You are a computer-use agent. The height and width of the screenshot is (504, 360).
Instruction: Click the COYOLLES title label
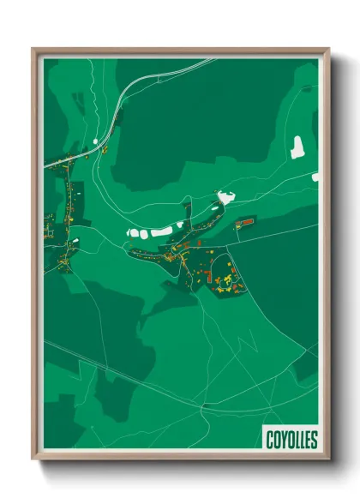click(x=291, y=440)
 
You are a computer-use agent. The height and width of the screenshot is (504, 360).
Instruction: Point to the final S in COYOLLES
click(x=314, y=440)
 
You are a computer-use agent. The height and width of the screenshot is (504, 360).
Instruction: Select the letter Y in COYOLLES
click(x=283, y=440)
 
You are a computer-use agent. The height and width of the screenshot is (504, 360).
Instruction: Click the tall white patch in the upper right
click(x=297, y=148)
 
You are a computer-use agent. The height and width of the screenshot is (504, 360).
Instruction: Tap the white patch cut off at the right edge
click(x=315, y=177)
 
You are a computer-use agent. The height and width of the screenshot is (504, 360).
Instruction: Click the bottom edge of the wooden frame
click(x=180, y=456)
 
